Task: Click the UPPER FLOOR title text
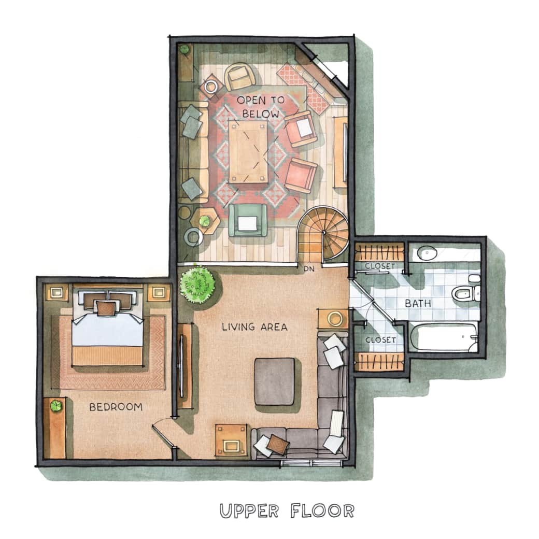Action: (x=287, y=510)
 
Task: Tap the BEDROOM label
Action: (x=116, y=407)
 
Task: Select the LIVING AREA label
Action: (x=254, y=327)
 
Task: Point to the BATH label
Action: (x=418, y=303)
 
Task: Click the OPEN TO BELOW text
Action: (x=258, y=106)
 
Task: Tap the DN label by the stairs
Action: (x=309, y=269)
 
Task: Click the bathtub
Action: (x=443, y=337)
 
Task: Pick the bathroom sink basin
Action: (x=427, y=253)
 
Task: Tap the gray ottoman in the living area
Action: (x=274, y=381)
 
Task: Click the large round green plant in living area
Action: (x=197, y=284)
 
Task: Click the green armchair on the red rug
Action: (x=248, y=221)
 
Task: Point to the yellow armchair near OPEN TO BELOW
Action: (x=240, y=77)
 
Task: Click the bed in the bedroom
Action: (x=107, y=328)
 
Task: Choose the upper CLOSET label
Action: (x=380, y=266)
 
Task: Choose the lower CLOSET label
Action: (x=380, y=340)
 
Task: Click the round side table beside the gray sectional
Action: (x=335, y=318)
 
